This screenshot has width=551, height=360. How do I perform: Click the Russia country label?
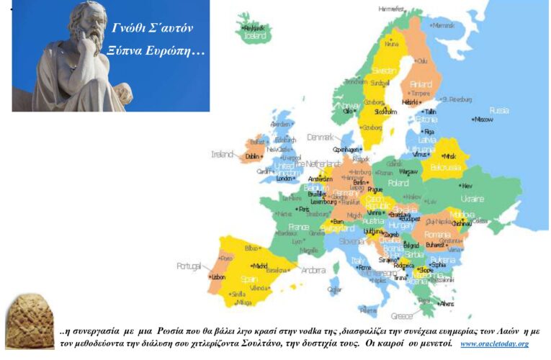tap(499, 110)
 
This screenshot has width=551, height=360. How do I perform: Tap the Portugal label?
tap(189, 266)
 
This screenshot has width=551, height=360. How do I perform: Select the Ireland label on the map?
tap(222, 154)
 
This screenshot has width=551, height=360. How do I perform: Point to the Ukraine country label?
tap(472, 199)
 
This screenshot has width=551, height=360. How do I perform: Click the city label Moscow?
tap(483, 120)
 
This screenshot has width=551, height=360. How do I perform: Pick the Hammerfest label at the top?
tap(393, 9)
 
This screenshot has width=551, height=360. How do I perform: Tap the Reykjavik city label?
tap(254, 27)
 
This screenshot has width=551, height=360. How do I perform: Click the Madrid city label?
tap(260, 265)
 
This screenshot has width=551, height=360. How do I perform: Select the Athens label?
tap(447, 304)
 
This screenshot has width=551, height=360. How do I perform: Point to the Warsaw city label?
tap(408, 172)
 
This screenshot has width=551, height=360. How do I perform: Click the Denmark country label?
tap(321, 137)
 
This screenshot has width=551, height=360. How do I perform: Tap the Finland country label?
tap(421, 84)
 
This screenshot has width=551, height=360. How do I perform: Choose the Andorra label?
tap(313, 271)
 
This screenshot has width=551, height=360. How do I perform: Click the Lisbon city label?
tap(219, 276)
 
